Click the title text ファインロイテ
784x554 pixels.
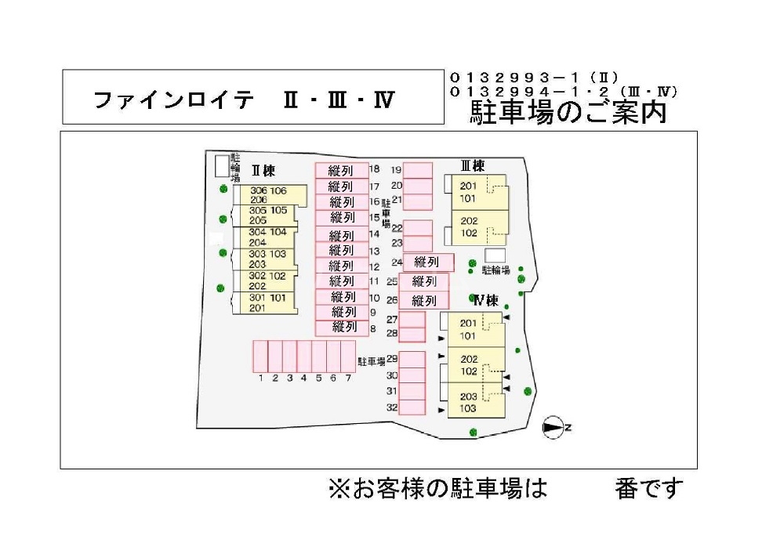click(174, 100)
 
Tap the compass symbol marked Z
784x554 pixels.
click(554, 427)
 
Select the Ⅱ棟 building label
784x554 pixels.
click(263, 170)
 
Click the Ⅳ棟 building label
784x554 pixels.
click(485, 300)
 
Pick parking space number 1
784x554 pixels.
click(260, 357)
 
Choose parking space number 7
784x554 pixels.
click(347, 357)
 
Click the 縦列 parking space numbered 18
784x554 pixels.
click(342, 170)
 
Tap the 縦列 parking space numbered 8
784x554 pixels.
click(342, 328)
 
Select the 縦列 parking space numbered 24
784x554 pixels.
click(428, 263)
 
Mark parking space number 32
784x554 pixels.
click(412, 407)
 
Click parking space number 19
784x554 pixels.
click(418, 170)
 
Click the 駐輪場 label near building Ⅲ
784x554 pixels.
click(495, 270)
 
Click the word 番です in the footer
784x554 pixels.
click(649, 489)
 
